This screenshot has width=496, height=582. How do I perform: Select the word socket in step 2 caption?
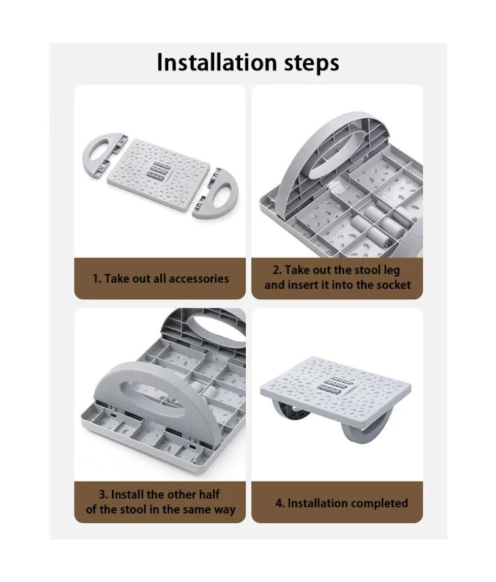point(391,285)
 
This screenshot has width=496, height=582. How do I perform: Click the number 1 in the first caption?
point(95,278)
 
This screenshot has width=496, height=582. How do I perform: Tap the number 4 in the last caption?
point(279,503)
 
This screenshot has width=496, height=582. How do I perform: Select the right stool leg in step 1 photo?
point(218,193)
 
